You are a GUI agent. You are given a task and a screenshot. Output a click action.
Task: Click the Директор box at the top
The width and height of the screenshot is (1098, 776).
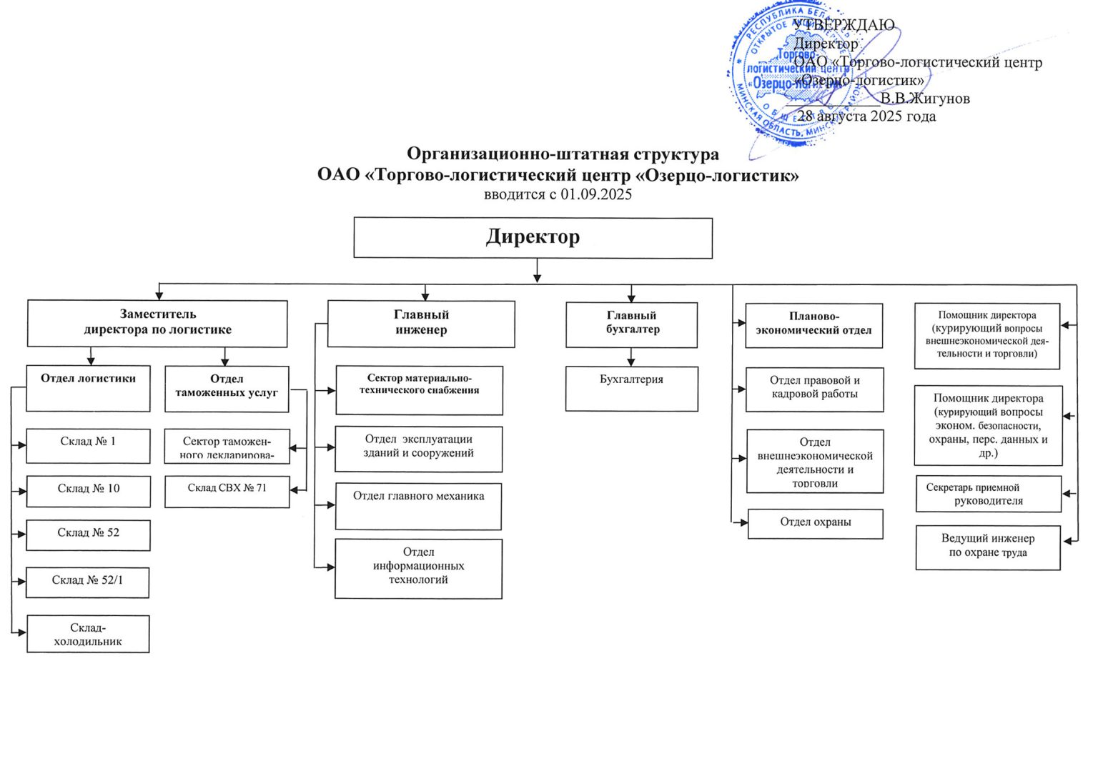tap(533, 237)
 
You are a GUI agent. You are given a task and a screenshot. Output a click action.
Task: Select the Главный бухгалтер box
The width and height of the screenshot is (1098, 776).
tap(631, 324)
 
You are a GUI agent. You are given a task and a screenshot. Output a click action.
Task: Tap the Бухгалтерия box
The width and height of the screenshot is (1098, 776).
tap(631, 388)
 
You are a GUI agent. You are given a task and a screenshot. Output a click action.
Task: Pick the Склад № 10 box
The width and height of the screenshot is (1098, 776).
tap(88, 491)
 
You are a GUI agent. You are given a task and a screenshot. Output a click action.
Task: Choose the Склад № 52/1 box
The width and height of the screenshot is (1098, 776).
tap(87, 582)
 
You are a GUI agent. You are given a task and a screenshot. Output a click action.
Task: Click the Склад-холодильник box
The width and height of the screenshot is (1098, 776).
tap(88, 634)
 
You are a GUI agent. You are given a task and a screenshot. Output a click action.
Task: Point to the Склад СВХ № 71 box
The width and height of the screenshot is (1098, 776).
tap(227, 491)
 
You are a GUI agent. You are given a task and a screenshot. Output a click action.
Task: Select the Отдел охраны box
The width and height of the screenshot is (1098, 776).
tap(815, 523)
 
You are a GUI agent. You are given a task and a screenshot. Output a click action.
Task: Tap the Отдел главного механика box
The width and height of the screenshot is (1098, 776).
tap(418, 506)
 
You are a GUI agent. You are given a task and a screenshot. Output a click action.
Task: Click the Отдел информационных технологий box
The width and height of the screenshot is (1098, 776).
tap(418, 568)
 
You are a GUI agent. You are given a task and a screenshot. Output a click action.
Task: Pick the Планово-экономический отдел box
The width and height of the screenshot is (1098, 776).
tap(813, 325)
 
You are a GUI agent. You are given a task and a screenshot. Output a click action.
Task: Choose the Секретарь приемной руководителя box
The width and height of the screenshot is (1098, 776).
tap(988, 494)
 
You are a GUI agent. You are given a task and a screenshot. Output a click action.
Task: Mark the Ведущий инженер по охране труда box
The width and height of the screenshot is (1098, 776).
tap(987, 547)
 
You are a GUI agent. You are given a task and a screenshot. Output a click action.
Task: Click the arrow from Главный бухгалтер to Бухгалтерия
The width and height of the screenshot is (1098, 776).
tap(630, 357)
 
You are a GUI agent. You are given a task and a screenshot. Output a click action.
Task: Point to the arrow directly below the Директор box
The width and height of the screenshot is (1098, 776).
tap(537, 271)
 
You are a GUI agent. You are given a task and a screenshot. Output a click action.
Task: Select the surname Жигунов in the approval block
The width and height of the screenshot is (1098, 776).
tap(937, 99)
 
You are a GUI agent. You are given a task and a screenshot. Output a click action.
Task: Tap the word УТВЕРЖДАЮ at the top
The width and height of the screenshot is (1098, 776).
tap(844, 25)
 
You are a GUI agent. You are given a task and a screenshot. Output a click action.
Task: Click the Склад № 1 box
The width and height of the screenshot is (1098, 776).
tap(88, 445)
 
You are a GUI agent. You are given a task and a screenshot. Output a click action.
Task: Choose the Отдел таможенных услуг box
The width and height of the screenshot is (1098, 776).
tap(227, 388)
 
